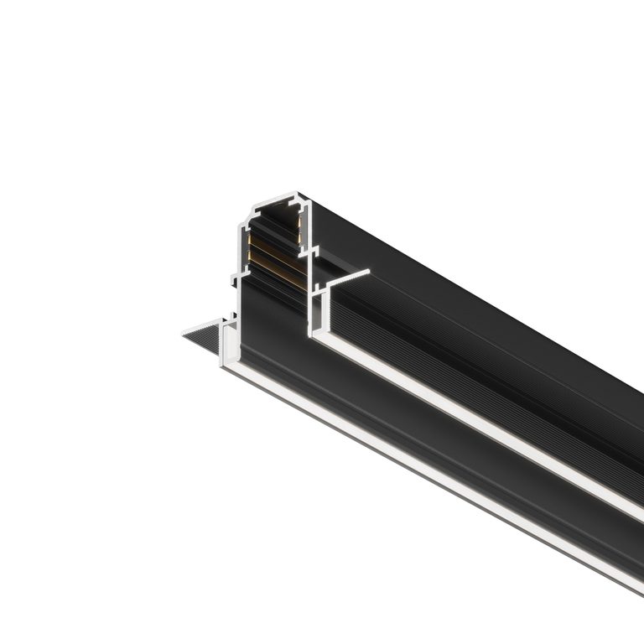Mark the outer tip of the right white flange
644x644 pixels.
pos(368,271)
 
